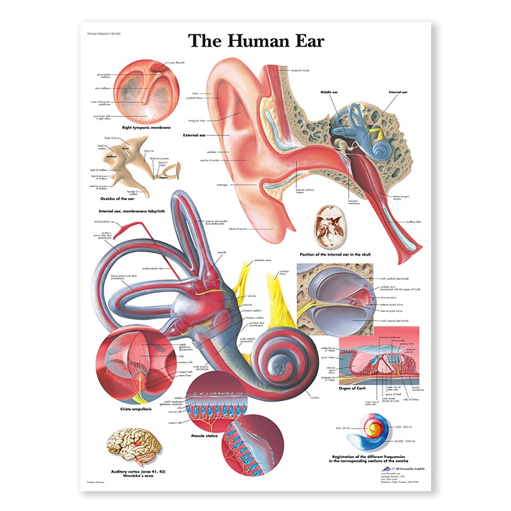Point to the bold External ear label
[195, 135]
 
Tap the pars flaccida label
[176, 63]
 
